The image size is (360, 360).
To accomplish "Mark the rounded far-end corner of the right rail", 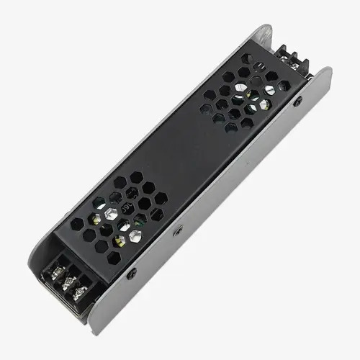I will coord(328,72).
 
